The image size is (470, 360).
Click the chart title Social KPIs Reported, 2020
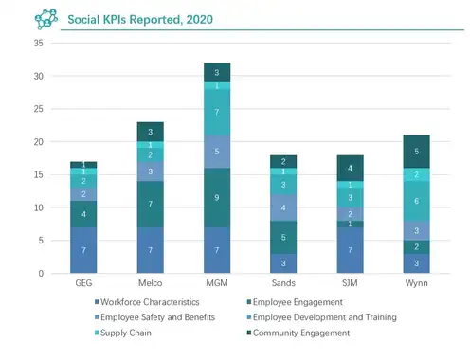point(140,20)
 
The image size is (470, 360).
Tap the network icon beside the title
point(46,19)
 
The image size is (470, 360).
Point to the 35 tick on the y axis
point(39,43)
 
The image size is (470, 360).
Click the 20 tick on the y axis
point(39,142)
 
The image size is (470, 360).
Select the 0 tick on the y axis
point(41,273)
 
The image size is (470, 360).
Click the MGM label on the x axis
point(217,283)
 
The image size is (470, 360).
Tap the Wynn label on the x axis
point(416,283)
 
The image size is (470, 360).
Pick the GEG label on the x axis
point(83,283)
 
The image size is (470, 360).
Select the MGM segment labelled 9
point(217,198)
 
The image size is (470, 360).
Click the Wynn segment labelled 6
point(416,201)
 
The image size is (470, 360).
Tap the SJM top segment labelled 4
point(350,168)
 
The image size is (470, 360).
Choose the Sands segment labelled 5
point(283,237)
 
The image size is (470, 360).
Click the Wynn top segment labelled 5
point(416,152)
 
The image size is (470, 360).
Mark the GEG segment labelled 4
point(83,214)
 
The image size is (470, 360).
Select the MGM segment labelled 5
point(217,152)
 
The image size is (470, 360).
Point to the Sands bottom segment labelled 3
point(283,263)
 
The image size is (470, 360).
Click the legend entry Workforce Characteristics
point(147,302)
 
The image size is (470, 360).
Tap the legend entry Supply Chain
point(123,333)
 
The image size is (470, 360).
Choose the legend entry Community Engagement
point(298,333)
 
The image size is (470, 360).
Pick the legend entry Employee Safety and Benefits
point(154,317)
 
